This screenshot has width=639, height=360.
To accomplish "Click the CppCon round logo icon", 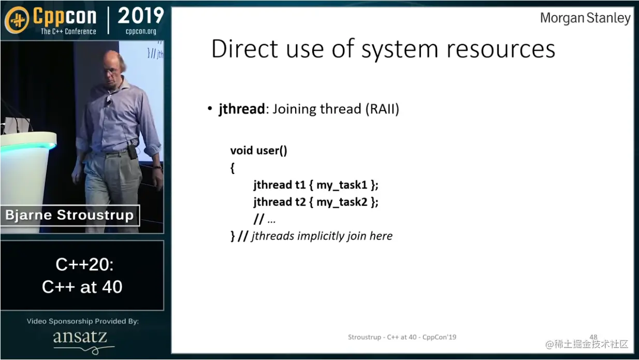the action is [x=17, y=20].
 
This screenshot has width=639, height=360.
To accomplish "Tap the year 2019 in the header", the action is [x=141, y=16].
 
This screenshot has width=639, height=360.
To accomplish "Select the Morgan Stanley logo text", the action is [x=585, y=18].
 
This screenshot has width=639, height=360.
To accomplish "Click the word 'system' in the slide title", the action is [x=400, y=50].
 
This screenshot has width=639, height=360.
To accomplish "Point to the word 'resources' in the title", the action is [x=501, y=50].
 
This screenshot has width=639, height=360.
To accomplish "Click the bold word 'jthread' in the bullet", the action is [x=242, y=109].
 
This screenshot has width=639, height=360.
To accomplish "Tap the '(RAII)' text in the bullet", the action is [x=383, y=109].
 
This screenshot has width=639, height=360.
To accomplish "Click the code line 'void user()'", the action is [x=258, y=150].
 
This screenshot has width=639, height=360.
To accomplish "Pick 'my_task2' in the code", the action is [x=342, y=202].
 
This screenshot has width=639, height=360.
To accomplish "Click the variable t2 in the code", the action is [x=300, y=201].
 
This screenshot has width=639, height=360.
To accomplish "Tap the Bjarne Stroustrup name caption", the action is [x=69, y=215].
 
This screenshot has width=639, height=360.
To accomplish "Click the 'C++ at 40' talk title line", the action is [x=82, y=286].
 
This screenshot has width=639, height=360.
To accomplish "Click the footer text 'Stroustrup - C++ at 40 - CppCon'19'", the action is [x=402, y=337].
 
